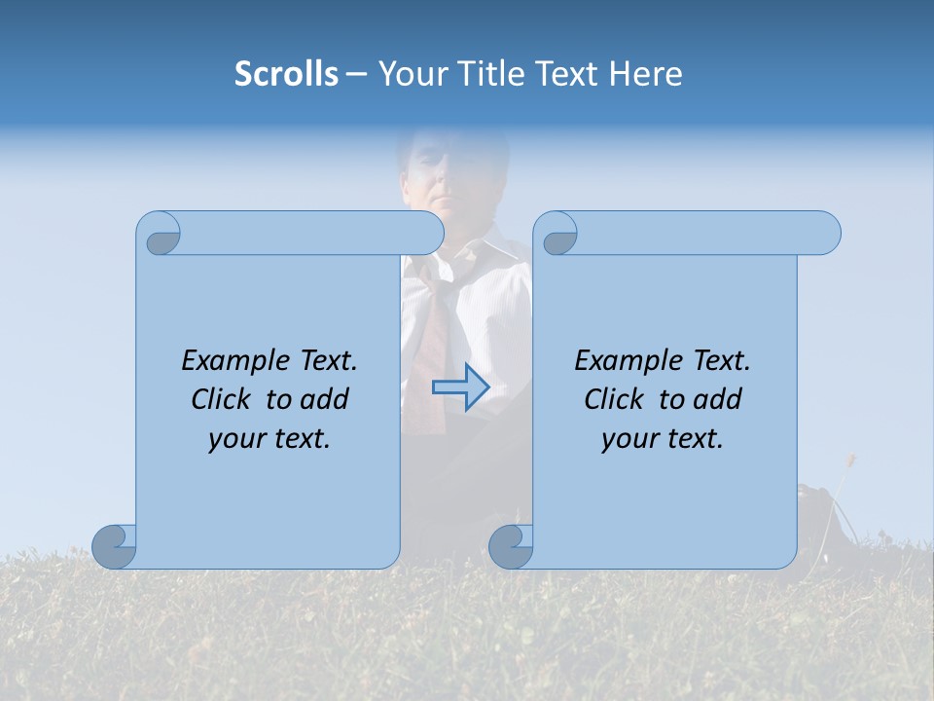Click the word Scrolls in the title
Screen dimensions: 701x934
tap(287, 74)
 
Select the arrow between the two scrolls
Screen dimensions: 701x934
tap(460, 387)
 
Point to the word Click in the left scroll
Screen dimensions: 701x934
tap(223, 399)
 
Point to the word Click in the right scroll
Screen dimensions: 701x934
tap(614, 399)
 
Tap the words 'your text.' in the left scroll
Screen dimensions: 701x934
tap(269, 439)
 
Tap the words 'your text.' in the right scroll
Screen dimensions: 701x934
tap(663, 439)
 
